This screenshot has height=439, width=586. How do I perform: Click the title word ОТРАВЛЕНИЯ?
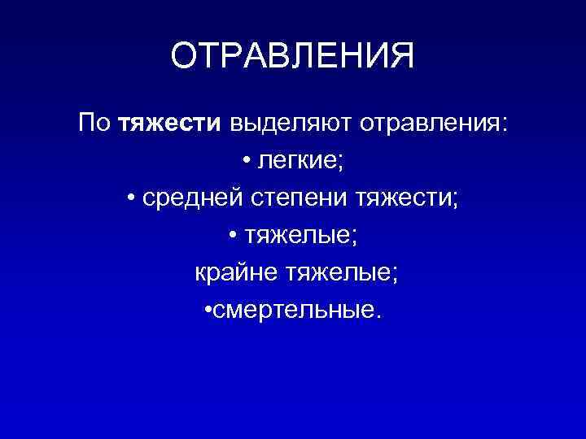(293, 57)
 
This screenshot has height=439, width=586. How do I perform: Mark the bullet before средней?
(131, 198)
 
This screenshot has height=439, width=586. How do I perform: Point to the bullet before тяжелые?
(233, 235)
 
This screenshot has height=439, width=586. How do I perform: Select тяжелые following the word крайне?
(338, 272)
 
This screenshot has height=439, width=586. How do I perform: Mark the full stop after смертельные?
(375, 314)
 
